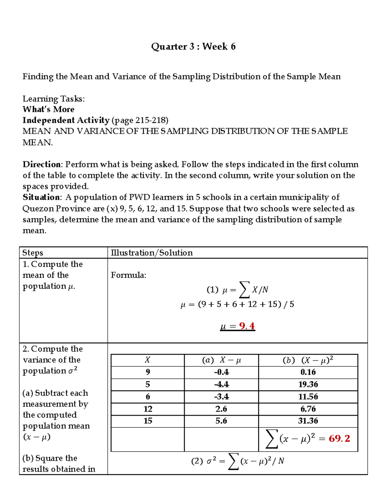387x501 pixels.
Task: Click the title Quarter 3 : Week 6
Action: click(193, 47)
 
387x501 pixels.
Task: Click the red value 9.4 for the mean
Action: click(247, 326)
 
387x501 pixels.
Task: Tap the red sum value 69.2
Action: click(339, 438)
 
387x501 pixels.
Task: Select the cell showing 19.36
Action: click(308, 384)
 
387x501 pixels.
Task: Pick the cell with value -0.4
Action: click(221, 372)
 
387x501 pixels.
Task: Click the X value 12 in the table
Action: click(148, 409)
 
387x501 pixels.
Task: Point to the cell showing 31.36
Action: click(308, 421)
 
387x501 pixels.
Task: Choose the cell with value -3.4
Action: click(221, 396)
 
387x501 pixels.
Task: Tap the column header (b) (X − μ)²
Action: click(308, 360)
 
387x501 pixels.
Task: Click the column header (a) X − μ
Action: click(221, 360)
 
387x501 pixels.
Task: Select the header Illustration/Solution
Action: click(152, 253)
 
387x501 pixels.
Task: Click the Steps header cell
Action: click(33, 253)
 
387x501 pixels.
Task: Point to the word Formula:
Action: click(128, 275)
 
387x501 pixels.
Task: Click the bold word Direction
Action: click(41, 165)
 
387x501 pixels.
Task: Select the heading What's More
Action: click(48, 109)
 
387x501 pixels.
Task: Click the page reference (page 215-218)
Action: click(140, 120)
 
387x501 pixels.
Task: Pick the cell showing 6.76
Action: click(308, 409)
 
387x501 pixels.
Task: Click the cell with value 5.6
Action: click(221, 421)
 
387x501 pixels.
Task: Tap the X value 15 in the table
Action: click(148, 421)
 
